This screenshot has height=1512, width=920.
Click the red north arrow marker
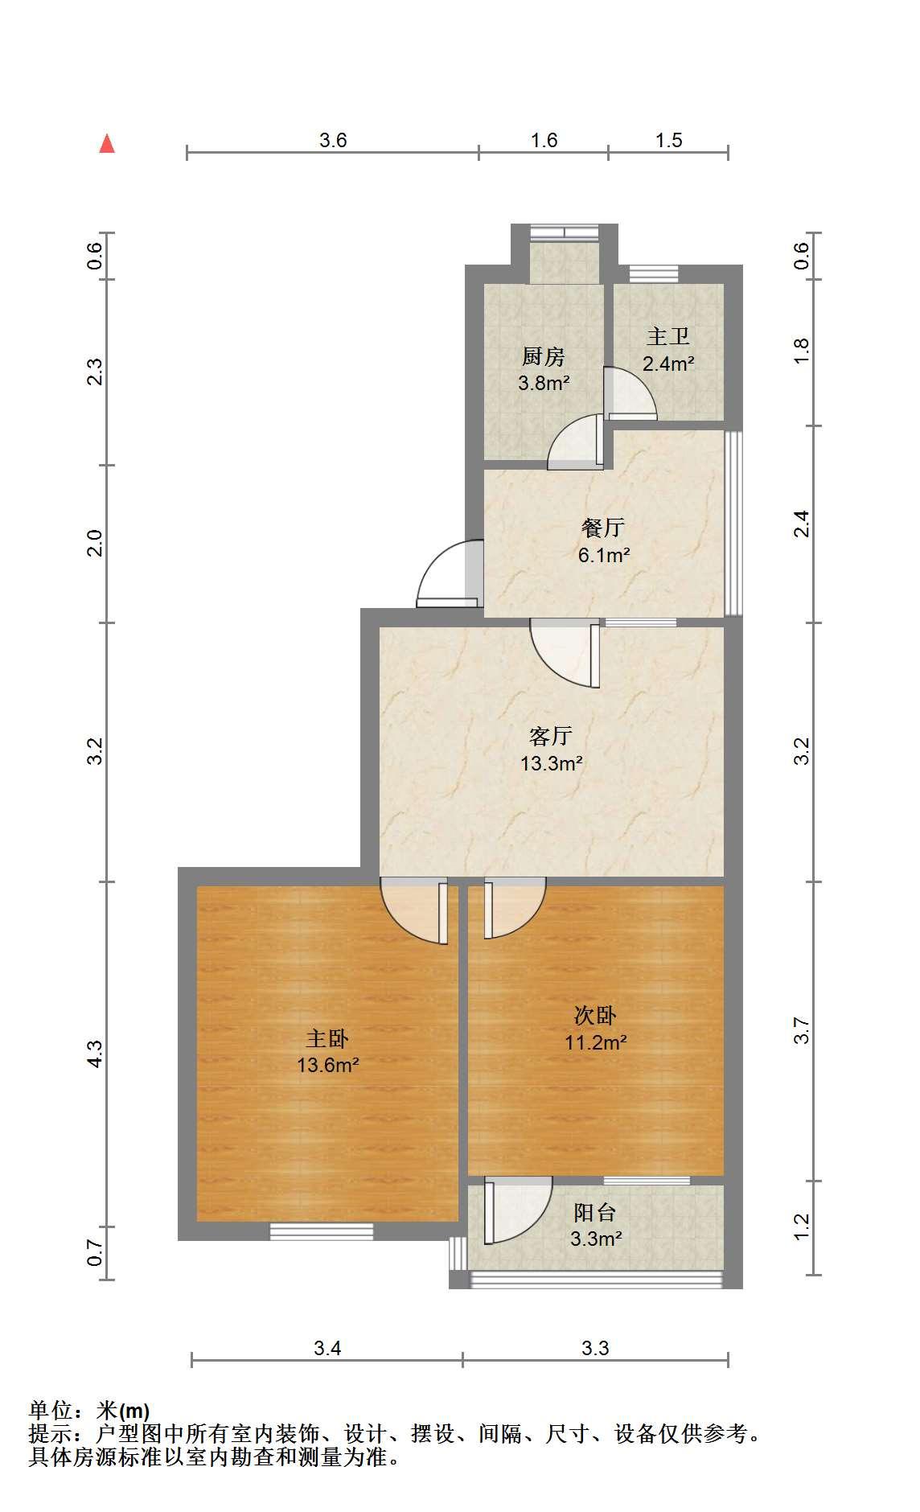[x=107, y=144]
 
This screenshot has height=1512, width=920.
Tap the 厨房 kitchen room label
[x=544, y=356]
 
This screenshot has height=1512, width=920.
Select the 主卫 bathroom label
[x=668, y=335]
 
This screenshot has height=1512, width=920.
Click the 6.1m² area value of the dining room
[x=604, y=555]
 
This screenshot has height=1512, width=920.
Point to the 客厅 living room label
[x=551, y=735]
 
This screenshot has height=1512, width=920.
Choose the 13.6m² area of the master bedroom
[x=328, y=1066]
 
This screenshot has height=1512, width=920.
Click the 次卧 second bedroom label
[x=595, y=1016]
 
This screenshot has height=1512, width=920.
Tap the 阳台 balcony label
[x=596, y=1212]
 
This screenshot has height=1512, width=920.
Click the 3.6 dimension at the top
[x=333, y=141]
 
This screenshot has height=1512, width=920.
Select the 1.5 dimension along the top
[x=668, y=141]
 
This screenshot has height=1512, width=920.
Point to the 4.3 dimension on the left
[x=95, y=1054]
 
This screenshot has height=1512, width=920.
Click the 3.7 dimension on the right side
[x=801, y=1031]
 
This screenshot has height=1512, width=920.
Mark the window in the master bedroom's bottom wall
[x=322, y=1231]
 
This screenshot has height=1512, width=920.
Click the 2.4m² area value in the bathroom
[x=668, y=363]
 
